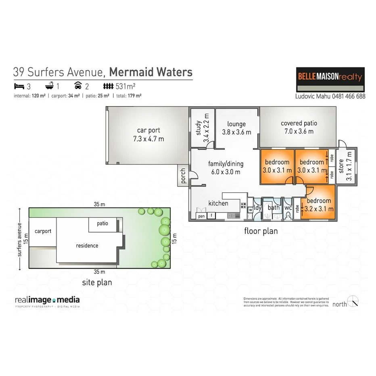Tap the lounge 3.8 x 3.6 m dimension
pyautogui.click(x=236, y=132)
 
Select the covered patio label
pyautogui.click(x=299, y=123)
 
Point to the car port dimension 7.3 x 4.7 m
pyautogui.click(x=148, y=139)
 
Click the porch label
pyautogui.click(x=184, y=176)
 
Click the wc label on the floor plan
pyautogui.click(x=288, y=208)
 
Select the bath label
pyautogui.click(x=274, y=208)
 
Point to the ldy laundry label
pyautogui.click(x=258, y=208)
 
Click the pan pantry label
pyautogui.click(x=201, y=216)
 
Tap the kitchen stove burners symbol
pyautogui.click(x=244, y=205)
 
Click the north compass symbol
pyautogui.click(x=353, y=302)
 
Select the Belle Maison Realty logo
pyautogui.click(x=330, y=80)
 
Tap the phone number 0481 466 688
pyautogui.click(x=344, y=96)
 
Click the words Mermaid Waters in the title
pyautogui.click(x=151, y=72)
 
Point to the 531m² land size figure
pyautogui.click(x=126, y=86)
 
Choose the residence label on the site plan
pyautogui.click(x=87, y=245)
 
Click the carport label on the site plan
pyautogui.click(x=43, y=231)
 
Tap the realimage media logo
pyautogui.click(x=47, y=300)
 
